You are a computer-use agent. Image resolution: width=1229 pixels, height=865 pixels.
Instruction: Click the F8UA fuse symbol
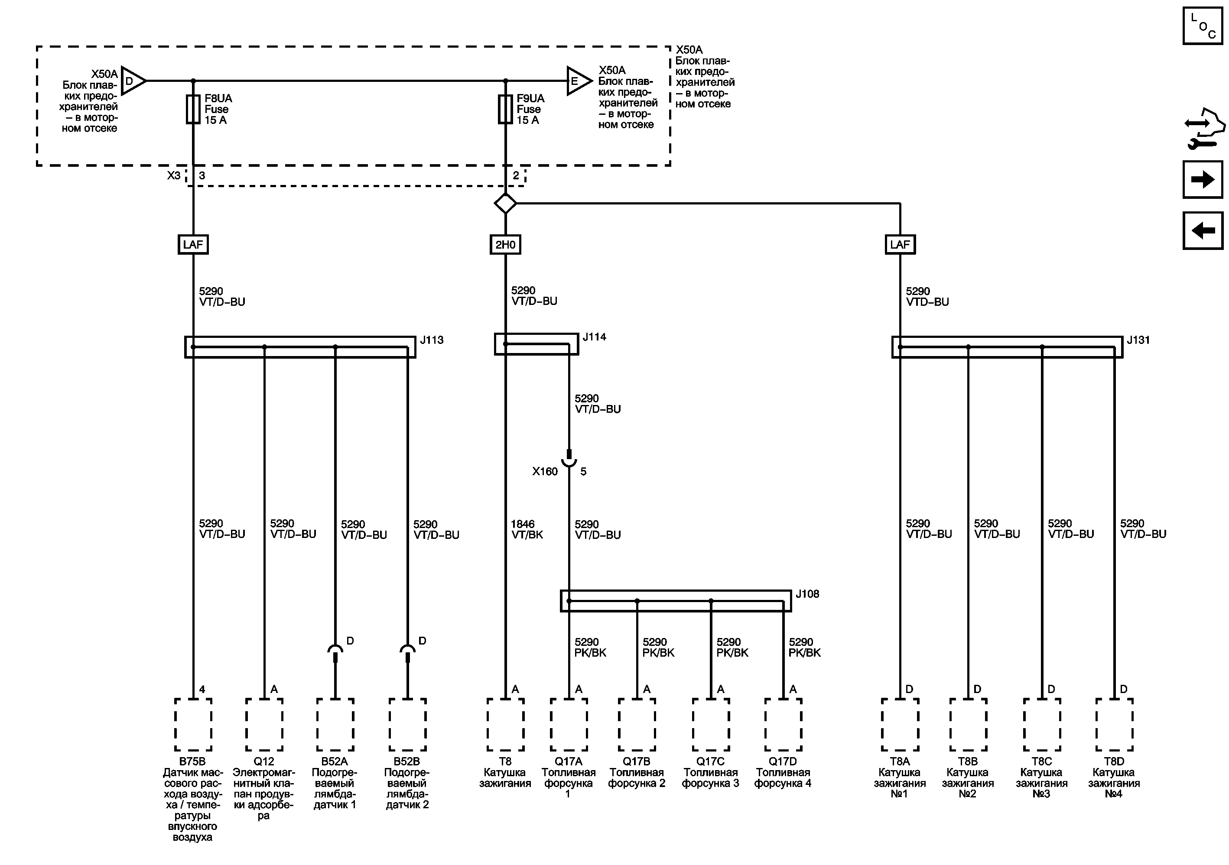point(193,109)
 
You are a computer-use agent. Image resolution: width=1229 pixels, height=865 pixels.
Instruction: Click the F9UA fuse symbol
point(505,109)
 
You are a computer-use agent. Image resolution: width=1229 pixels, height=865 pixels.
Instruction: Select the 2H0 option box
point(505,244)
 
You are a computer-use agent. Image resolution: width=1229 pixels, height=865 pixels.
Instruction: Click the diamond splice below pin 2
point(505,203)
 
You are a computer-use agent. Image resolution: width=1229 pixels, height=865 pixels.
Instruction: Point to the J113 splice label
point(432,340)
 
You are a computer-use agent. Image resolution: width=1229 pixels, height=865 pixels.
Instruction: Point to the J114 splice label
point(594,337)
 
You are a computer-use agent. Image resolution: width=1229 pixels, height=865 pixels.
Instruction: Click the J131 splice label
point(1138,340)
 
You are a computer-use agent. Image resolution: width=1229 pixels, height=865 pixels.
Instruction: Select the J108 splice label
point(807,594)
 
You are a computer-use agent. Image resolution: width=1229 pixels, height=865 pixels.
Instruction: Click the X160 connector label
point(545,471)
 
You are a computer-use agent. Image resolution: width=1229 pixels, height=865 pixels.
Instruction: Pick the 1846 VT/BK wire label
point(527,529)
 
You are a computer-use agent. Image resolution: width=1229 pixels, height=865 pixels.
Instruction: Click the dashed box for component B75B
point(193,725)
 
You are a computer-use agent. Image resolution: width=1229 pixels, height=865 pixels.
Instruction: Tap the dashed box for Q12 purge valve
point(264,725)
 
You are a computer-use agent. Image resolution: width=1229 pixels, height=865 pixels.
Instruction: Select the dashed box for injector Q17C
point(711,725)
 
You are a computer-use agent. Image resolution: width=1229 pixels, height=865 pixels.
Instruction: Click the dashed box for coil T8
point(505,725)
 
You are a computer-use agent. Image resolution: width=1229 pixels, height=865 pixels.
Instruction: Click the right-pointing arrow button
point(1203,179)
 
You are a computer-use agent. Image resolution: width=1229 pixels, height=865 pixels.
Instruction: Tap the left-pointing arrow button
point(1203,230)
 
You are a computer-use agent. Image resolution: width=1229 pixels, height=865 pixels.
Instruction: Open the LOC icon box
point(1203,25)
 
